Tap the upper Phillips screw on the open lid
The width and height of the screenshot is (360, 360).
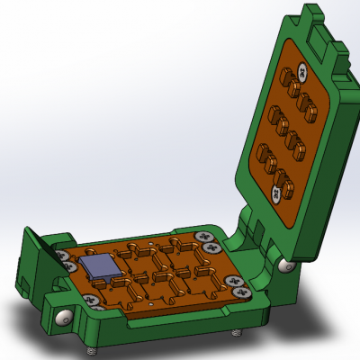click(x=303, y=69)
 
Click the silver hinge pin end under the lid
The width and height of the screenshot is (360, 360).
click(x=284, y=265)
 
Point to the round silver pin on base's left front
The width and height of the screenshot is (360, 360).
click(x=64, y=317)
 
